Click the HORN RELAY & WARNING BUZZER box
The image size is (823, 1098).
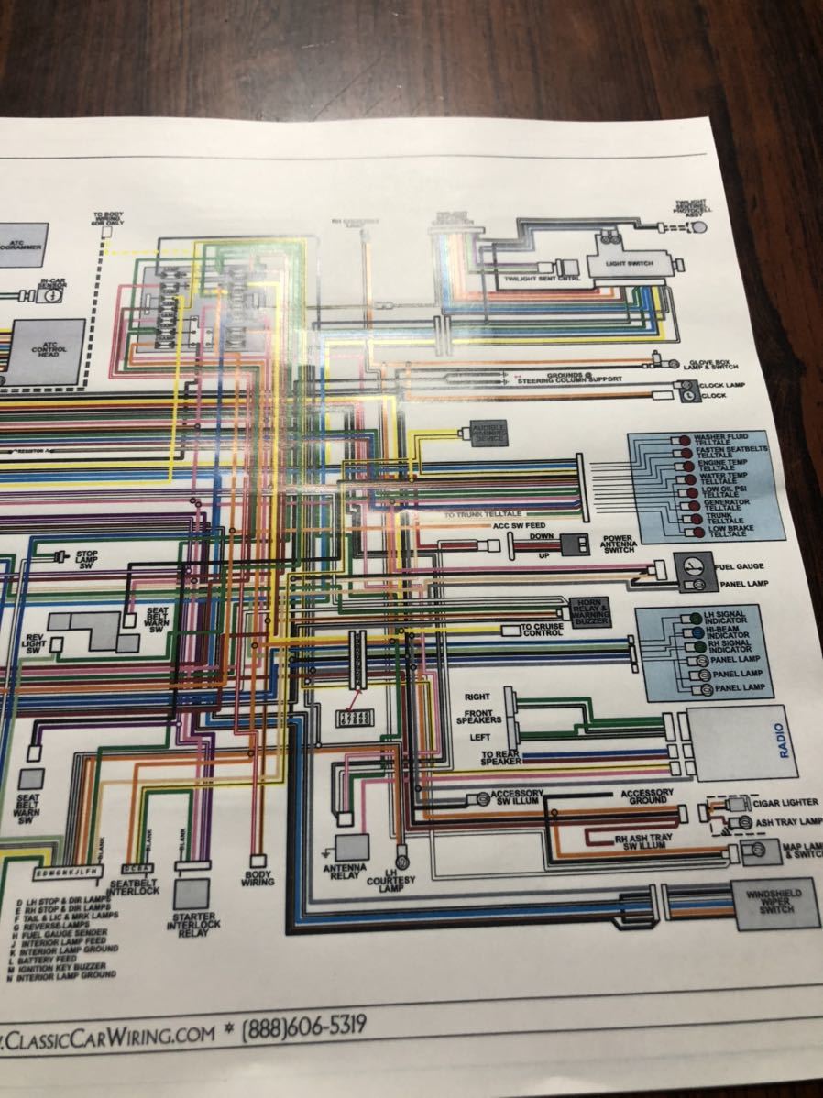(x=588, y=610)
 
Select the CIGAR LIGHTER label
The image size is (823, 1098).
(x=785, y=802)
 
